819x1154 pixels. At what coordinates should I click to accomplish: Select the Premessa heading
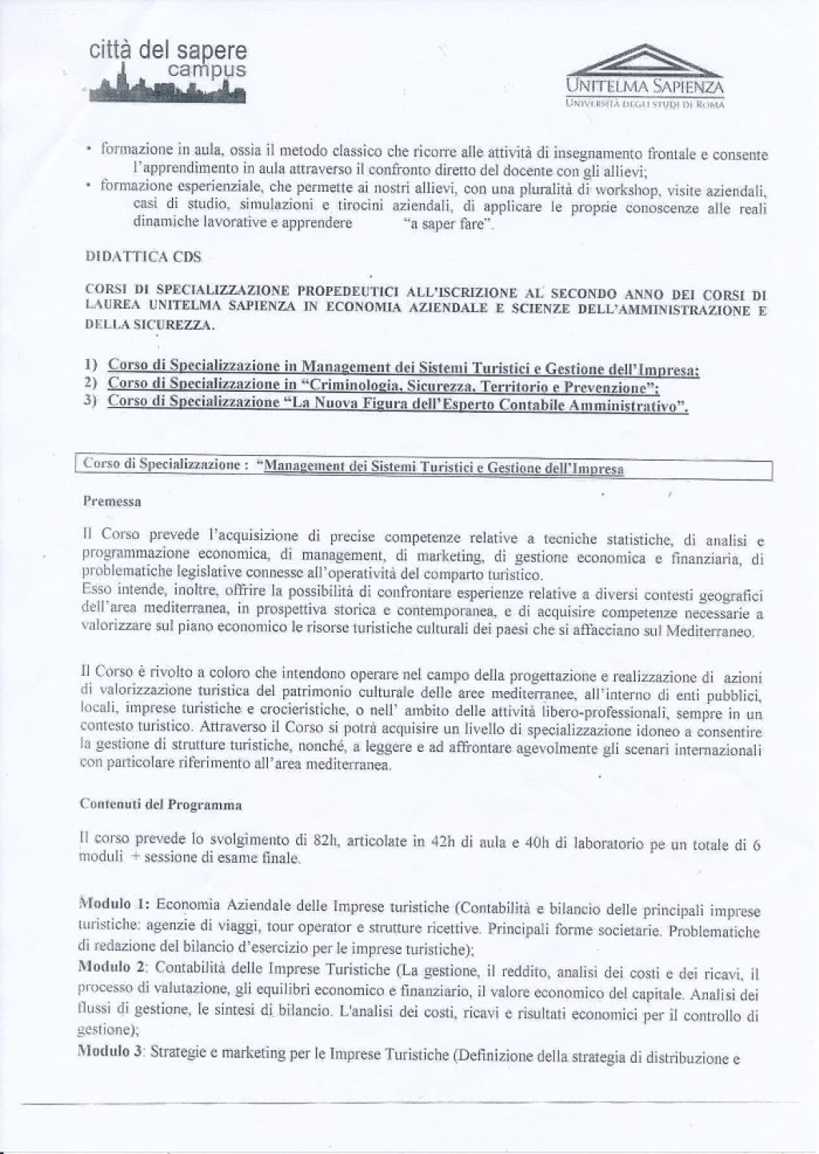(112, 502)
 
